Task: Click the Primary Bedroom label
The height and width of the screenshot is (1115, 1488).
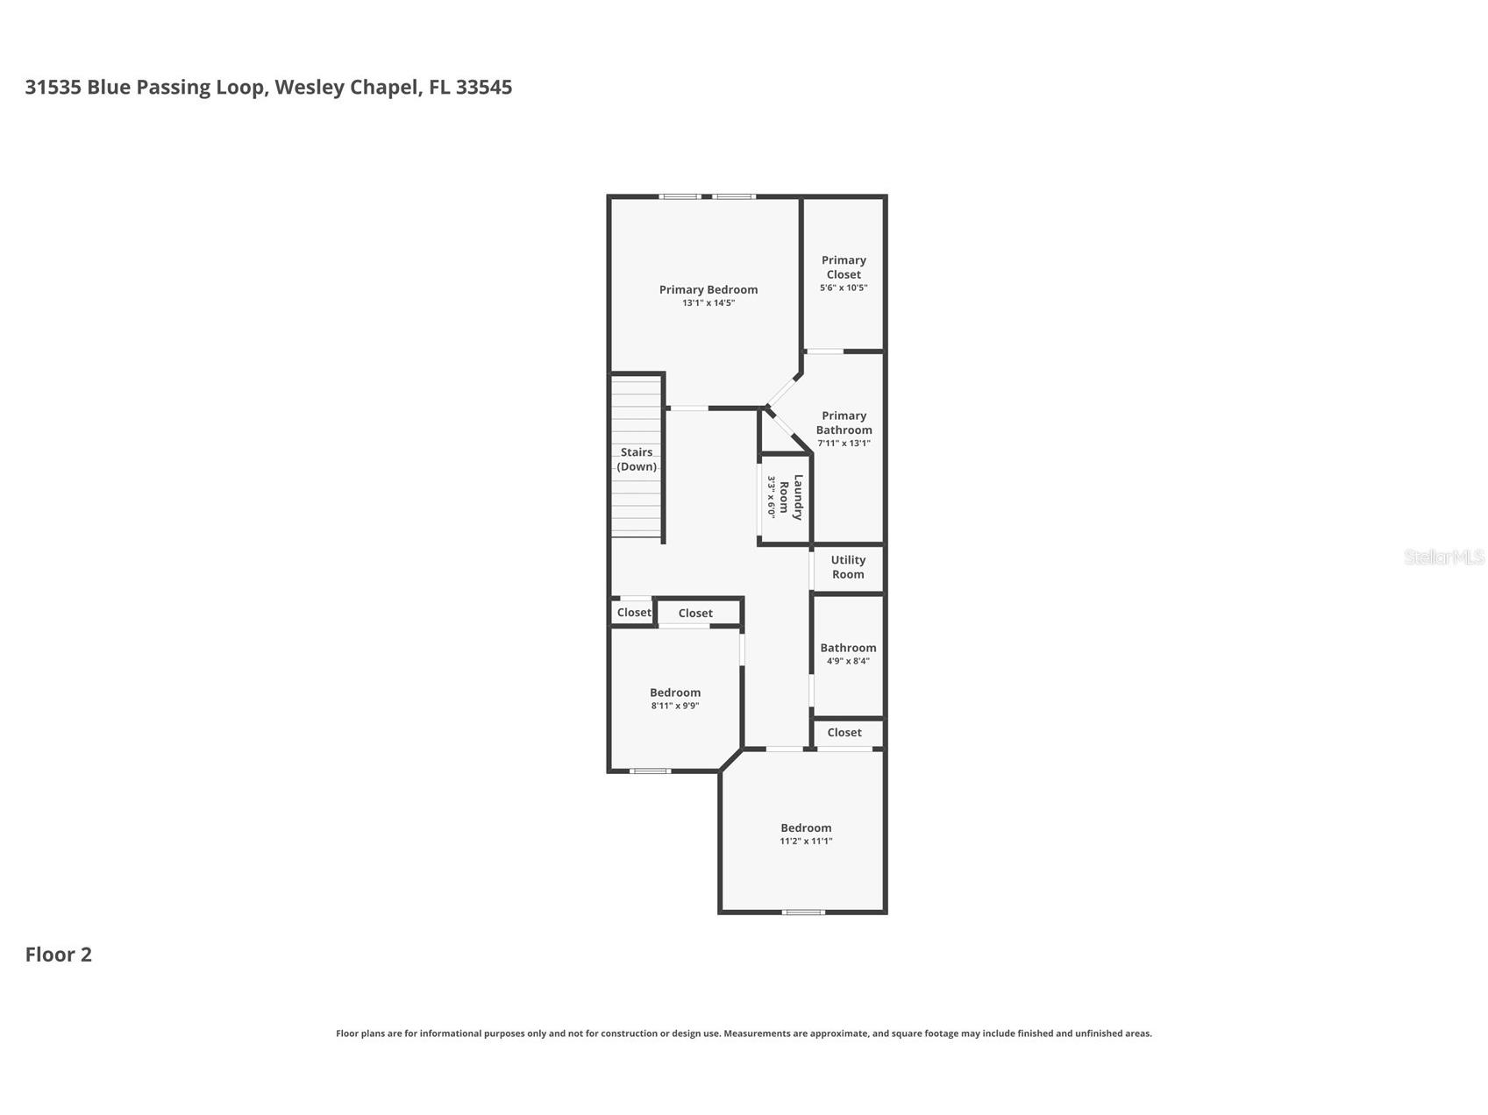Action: click(708, 289)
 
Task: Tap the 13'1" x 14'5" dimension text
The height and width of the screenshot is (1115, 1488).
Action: click(708, 303)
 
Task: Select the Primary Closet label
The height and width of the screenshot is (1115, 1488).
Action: click(844, 267)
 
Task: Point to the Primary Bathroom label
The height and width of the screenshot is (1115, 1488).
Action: click(844, 423)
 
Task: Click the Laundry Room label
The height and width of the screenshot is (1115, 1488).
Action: click(791, 497)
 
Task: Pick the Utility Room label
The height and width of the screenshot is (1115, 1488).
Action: click(848, 567)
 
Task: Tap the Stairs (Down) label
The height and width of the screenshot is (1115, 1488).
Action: click(637, 459)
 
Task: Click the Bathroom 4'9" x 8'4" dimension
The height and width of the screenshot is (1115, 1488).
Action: click(848, 661)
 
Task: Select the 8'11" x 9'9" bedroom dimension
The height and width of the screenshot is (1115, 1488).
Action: click(675, 706)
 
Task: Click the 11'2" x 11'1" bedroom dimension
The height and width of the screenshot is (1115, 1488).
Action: click(806, 842)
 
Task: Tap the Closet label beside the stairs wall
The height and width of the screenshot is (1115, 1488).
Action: click(634, 613)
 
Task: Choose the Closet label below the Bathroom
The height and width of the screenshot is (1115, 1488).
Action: click(844, 733)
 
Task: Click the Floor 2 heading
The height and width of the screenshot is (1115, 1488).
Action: click(58, 955)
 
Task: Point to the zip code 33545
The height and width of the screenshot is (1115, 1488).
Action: click(484, 88)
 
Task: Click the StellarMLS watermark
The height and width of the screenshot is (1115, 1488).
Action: click(1444, 557)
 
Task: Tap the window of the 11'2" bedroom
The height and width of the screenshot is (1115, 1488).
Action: click(803, 913)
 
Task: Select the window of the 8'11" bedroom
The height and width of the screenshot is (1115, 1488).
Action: click(650, 771)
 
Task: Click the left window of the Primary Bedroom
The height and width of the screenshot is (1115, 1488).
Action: click(680, 196)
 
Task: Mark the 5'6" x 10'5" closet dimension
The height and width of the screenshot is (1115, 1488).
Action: click(844, 288)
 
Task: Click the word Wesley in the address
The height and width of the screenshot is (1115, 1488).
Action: click(310, 88)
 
